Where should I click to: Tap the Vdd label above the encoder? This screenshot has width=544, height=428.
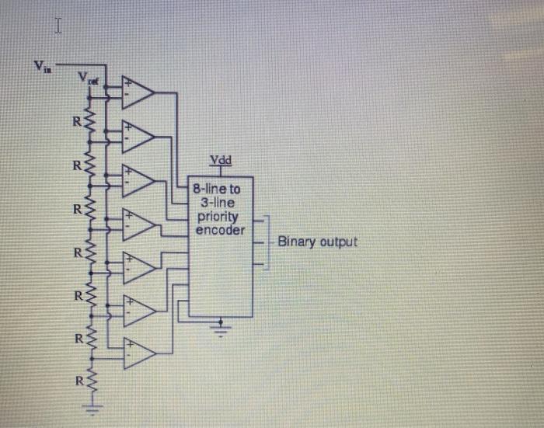(220, 161)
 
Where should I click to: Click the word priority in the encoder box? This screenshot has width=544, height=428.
(218, 219)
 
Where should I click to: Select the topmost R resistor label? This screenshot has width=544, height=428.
(75, 122)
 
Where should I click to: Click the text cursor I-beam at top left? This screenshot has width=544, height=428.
(57, 28)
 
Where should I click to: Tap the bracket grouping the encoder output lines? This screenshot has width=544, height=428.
(267, 242)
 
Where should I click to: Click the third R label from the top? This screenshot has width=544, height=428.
(75, 209)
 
